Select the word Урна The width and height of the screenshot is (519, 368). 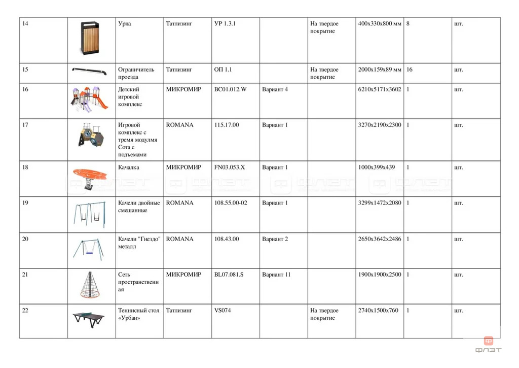(x=124, y=24)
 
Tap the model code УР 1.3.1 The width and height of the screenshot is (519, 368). (x=225, y=24)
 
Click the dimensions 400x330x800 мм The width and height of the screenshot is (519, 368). (x=380, y=24)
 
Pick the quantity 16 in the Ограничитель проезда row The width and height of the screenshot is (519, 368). (x=410, y=70)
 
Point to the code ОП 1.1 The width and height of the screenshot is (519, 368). (x=223, y=70)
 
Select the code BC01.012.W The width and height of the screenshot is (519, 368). (x=230, y=89)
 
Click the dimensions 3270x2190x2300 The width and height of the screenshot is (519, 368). (x=379, y=125)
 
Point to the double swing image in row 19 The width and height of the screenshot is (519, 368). (x=90, y=214)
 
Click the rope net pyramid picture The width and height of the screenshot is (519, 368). (x=90, y=285)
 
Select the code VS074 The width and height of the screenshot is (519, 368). (x=223, y=311)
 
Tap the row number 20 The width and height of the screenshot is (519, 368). (x=25, y=239)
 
